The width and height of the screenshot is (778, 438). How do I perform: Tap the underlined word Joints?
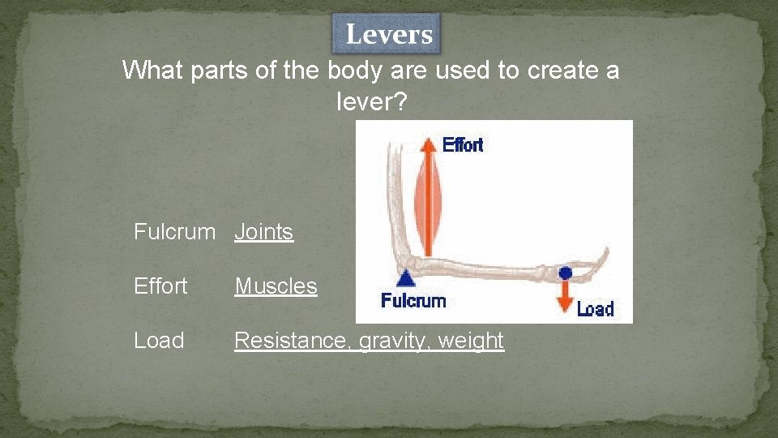pyautogui.click(x=263, y=232)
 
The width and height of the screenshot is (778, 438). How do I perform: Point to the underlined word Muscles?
pyautogui.click(x=276, y=286)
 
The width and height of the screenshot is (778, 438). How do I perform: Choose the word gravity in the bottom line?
pyautogui.click(x=392, y=341)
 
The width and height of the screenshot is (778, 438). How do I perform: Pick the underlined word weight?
pyautogui.click(x=471, y=341)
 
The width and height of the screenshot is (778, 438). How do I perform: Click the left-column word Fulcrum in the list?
pyautogui.click(x=174, y=232)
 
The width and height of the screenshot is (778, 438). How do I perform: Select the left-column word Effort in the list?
pyautogui.click(x=160, y=286)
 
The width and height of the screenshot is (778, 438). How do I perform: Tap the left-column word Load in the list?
pyautogui.click(x=159, y=341)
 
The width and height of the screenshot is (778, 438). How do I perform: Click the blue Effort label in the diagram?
pyautogui.click(x=463, y=145)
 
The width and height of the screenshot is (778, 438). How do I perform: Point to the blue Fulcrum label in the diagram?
pyautogui.click(x=413, y=301)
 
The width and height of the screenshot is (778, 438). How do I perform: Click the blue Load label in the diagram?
pyautogui.click(x=595, y=308)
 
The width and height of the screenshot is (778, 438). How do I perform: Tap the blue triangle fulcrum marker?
pyautogui.click(x=407, y=278)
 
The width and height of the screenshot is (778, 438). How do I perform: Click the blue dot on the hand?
pyautogui.click(x=566, y=273)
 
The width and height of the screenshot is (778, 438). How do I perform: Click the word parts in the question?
pyautogui.click(x=220, y=71)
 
